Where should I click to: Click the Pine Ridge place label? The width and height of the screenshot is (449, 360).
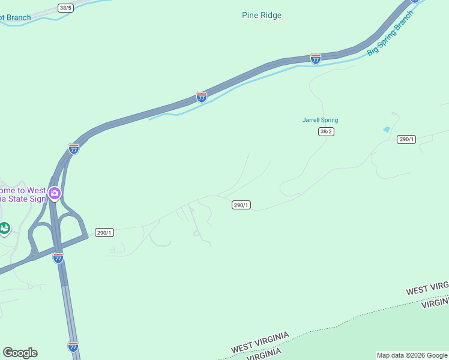click(262, 15)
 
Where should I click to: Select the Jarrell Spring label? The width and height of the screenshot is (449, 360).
click(320, 120)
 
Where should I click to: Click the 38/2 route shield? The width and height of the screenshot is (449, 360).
click(326, 132)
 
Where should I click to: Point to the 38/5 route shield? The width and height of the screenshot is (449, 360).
click(66, 8)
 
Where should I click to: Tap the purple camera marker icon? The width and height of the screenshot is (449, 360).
click(55, 193)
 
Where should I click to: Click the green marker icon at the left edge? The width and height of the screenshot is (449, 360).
click(4, 228)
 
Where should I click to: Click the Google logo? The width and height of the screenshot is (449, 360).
click(20, 353)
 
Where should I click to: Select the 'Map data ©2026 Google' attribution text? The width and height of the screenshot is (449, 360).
click(412, 355)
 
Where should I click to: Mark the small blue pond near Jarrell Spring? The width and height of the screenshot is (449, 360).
click(386, 129)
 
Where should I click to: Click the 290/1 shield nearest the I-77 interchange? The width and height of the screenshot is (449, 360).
click(104, 233)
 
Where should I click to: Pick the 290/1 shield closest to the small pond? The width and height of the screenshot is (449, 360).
click(406, 139)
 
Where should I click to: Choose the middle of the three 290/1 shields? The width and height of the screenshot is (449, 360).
click(241, 205)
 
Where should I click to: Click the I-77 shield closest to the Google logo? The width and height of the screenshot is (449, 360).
click(73, 346)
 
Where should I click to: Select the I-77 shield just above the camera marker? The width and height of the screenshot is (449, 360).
click(74, 148)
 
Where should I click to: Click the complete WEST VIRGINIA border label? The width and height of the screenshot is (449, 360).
click(261, 342)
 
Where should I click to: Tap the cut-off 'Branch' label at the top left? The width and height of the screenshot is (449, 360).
click(15, 18)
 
